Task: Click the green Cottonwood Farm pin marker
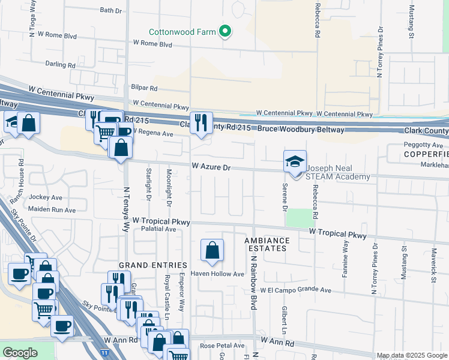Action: click(x=225, y=31)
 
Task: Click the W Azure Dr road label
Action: click(x=211, y=169)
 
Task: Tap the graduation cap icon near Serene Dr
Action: click(x=295, y=161)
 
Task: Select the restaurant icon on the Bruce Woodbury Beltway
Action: click(x=201, y=123)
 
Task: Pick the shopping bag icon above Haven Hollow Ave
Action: click(x=212, y=251)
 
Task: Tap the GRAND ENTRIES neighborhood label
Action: click(x=145, y=265)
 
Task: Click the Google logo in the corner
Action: click(x=20, y=353)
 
